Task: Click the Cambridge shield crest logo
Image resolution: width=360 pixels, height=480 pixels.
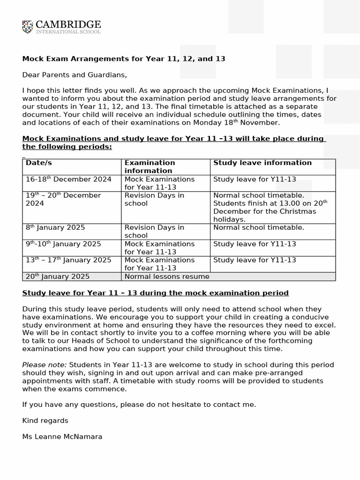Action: pyautogui.click(x=28, y=27)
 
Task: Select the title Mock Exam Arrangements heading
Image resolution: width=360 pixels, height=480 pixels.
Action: pyautogui.click(x=124, y=59)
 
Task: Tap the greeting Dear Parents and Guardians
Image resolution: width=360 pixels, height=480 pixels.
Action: pyautogui.click(x=75, y=75)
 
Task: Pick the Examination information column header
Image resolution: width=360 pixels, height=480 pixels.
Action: pyautogui.click(x=150, y=166)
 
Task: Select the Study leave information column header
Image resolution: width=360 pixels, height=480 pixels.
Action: pyautogui.click(x=262, y=163)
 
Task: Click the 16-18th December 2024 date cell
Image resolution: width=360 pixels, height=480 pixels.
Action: pyautogui.click(x=68, y=179)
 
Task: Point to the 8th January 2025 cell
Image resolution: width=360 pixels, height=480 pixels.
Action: pyautogui.click(x=55, y=227)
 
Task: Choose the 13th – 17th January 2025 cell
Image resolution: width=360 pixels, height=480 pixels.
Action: pyautogui.click(x=68, y=260)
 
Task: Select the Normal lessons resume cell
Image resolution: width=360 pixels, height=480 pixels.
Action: pyautogui.click(x=166, y=277)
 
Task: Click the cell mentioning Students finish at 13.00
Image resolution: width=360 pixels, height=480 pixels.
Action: pyautogui.click(x=270, y=207)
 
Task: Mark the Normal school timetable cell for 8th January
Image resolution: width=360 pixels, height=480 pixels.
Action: pyautogui.click(x=258, y=227)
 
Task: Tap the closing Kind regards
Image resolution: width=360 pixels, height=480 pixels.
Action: pyautogui.click(x=45, y=420)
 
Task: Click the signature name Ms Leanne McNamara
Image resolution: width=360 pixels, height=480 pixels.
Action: pyautogui.click(x=62, y=436)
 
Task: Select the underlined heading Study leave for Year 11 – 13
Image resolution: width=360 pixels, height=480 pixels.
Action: pyautogui.click(x=155, y=293)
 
